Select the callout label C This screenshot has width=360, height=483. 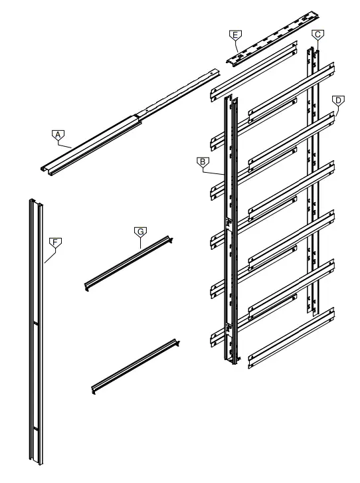318,34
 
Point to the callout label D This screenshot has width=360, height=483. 337,100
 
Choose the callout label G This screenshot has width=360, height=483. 139,231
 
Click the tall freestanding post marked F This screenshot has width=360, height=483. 35,332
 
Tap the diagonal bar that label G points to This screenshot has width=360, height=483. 130,262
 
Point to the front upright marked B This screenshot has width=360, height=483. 229,233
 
